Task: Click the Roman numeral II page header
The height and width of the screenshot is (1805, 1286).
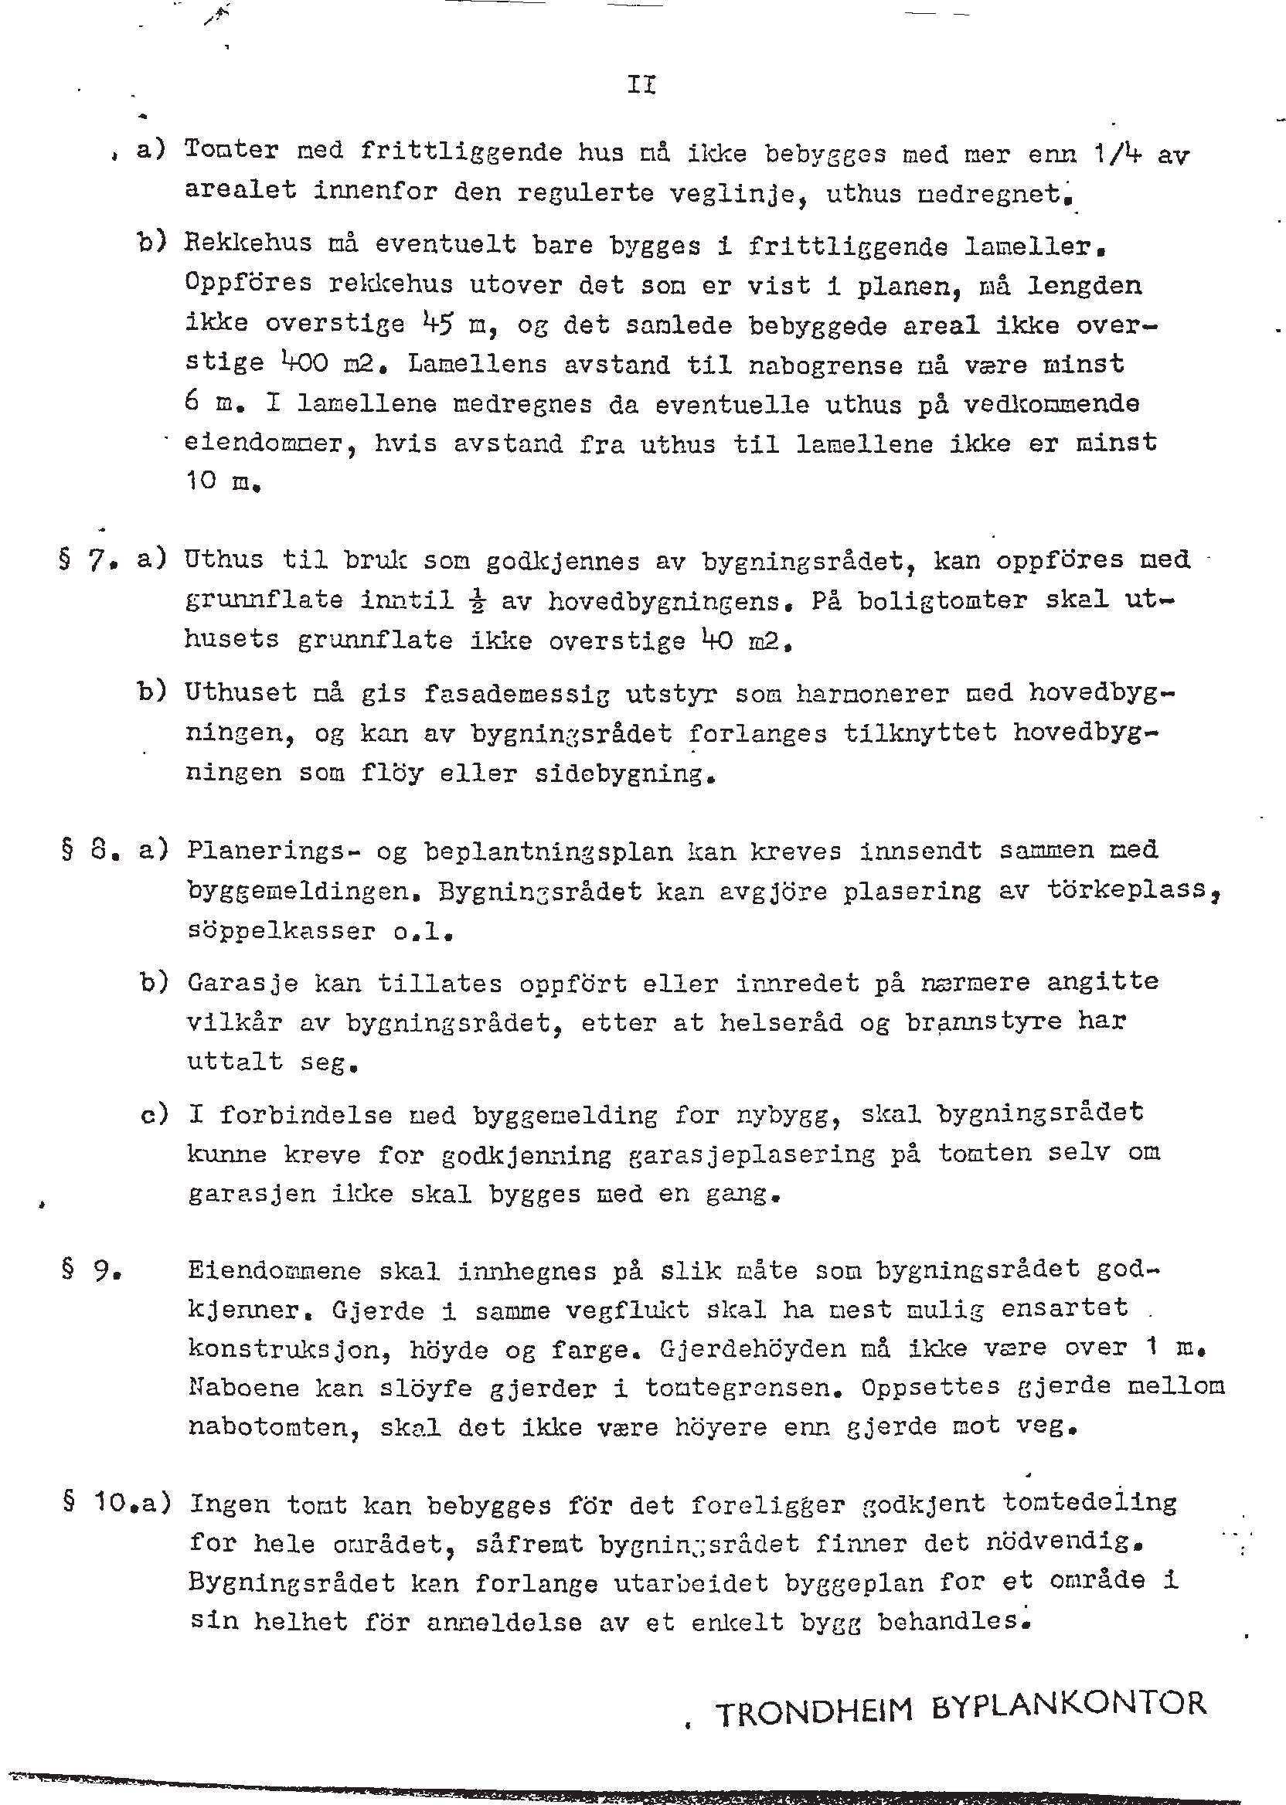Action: point(641,85)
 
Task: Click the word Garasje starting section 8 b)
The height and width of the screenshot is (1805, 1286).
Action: point(243,984)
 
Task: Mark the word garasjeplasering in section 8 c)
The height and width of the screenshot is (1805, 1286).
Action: point(751,1154)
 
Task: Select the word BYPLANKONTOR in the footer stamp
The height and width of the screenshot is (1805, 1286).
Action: point(1068,1704)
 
